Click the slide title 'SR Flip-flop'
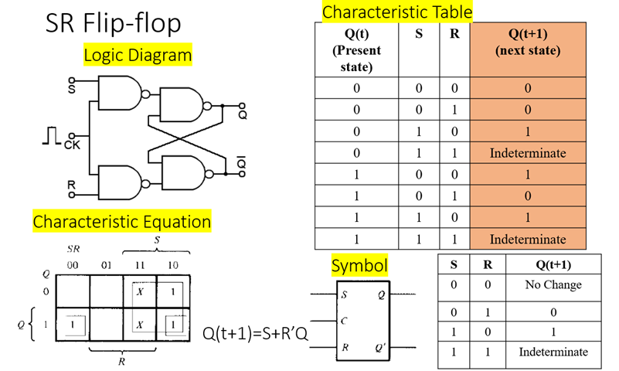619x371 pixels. point(114,25)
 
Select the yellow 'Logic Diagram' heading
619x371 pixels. point(138,56)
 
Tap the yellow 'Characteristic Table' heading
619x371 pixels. point(396,12)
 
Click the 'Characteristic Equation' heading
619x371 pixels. point(122,222)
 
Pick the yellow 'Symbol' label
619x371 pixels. point(359,266)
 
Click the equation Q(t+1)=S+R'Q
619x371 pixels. point(255,334)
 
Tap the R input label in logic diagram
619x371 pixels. point(70,185)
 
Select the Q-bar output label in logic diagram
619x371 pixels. point(242,163)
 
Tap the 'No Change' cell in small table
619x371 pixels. point(552,284)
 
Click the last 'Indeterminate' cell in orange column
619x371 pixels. point(527,239)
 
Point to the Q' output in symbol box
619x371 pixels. point(381,346)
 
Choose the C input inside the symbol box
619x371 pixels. point(343,320)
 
